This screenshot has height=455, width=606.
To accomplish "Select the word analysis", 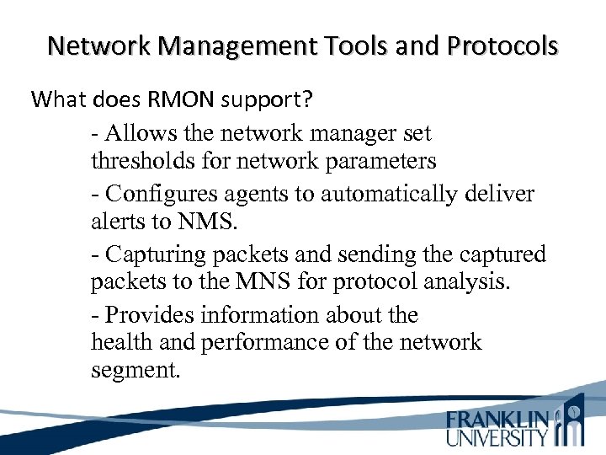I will click(x=465, y=281).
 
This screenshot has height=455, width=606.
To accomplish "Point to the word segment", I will click(x=136, y=369).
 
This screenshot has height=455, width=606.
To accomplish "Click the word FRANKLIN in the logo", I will click(x=497, y=419).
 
